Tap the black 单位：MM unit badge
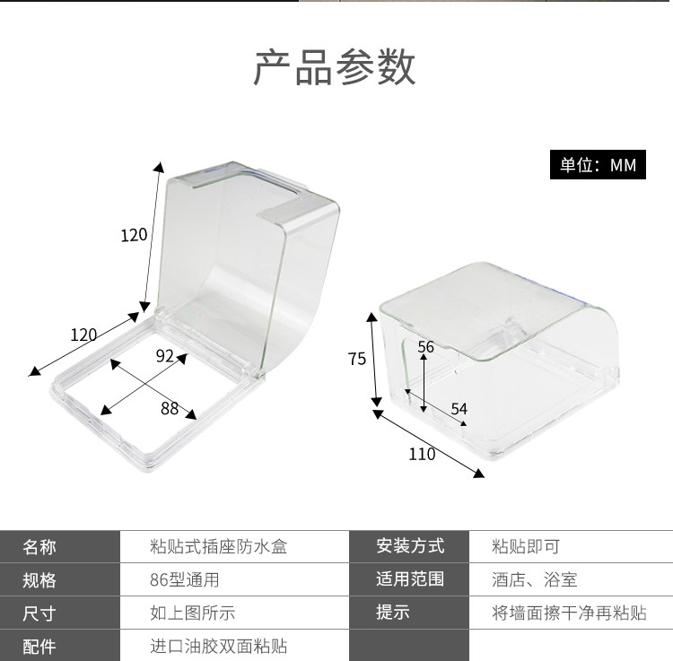(x=598, y=165)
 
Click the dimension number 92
(x=164, y=355)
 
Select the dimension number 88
(x=170, y=409)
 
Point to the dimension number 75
(x=357, y=359)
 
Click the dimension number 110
(x=422, y=454)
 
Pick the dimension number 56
(x=425, y=346)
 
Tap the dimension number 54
(x=459, y=409)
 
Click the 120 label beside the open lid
(x=134, y=236)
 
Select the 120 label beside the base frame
(x=83, y=335)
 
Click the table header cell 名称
(x=39, y=547)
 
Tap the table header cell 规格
(x=39, y=580)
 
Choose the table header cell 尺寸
(x=39, y=613)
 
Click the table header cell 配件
(x=39, y=647)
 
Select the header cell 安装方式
(x=409, y=546)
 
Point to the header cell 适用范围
(x=409, y=579)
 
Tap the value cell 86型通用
(x=184, y=580)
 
